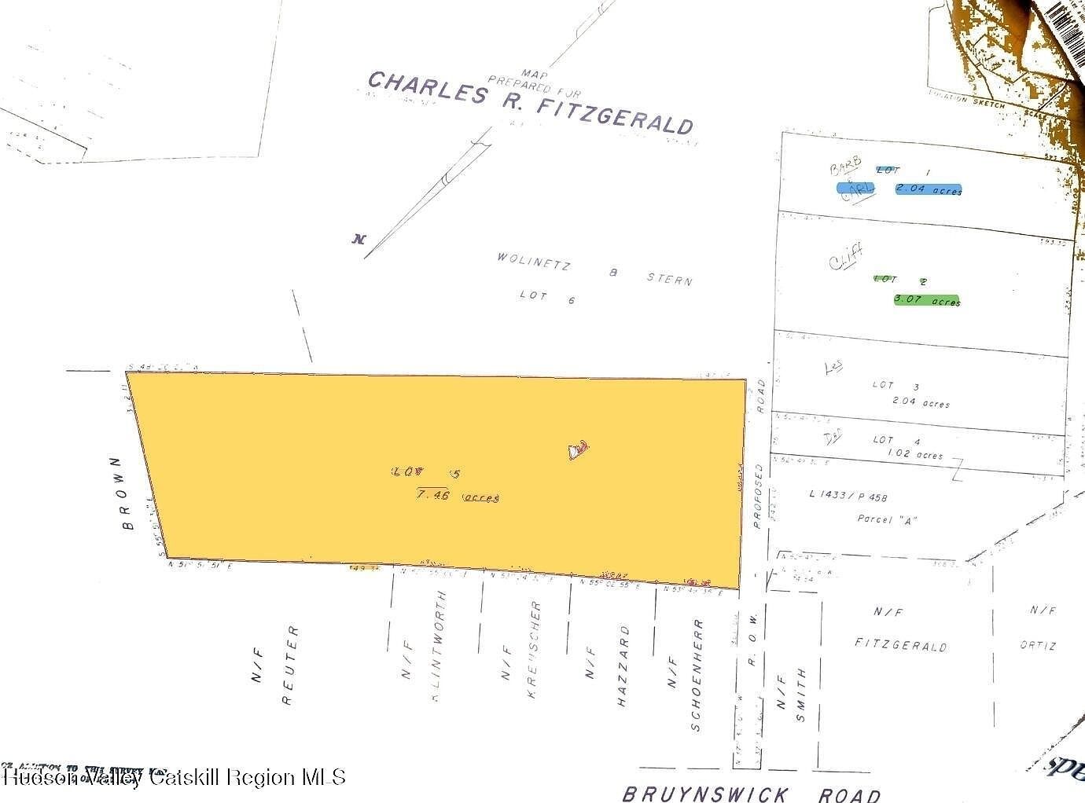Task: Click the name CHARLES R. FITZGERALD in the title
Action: (531, 102)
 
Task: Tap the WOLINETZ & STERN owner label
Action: (594, 268)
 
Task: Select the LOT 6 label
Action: (547, 297)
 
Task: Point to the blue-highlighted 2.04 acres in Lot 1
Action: (929, 190)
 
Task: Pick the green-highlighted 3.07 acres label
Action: (927, 300)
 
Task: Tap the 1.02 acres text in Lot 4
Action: (914, 455)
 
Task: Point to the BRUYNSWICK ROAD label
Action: (751, 794)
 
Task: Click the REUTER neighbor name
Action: (289, 665)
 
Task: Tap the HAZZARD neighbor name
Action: (623, 666)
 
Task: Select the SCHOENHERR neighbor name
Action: (697, 675)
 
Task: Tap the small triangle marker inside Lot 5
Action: (578, 450)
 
